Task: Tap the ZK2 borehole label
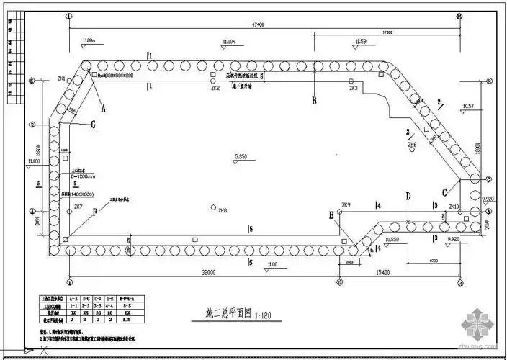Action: pos(215,89)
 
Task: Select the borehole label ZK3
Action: pos(354,88)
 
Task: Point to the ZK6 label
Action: pos(412,145)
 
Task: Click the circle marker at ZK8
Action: pos(214,207)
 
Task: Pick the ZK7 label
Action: pos(78,207)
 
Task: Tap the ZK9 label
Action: pos(346,205)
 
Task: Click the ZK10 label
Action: pos(454,207)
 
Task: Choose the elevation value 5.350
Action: pos(241,156)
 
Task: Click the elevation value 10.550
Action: pos(392,238)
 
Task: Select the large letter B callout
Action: pos(314,101)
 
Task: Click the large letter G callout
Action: pos(93,124)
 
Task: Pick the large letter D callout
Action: pos(408,196)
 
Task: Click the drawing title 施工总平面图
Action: pos(219,315)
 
